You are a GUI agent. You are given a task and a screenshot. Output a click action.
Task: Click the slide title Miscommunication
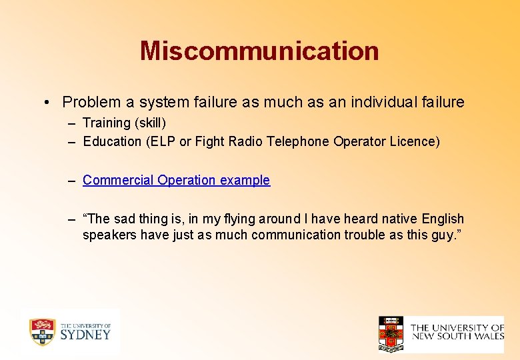click(259, 51)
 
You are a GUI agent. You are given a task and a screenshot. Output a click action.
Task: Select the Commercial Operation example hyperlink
click(176, 180)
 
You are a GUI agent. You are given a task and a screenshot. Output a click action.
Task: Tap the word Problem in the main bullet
click(91, 102)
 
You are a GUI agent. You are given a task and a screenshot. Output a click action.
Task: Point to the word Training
click(107, 123)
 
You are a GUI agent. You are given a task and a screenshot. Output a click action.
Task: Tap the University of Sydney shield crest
click(42, 331)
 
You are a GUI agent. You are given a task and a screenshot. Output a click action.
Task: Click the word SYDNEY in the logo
click(85, 335)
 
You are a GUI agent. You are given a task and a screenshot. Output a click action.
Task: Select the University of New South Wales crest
click(391, 334)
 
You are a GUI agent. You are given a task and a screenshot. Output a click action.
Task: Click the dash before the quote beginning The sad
click(71, 219)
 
